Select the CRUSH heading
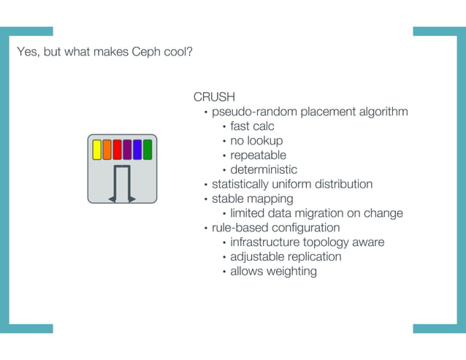click(214, 97)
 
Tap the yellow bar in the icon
click(96, 150)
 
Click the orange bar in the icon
click(107, 150)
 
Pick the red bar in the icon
click(117, 150)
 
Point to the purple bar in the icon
click(127, 150)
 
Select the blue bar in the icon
click(137, 150)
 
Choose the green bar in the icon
click(147, 150)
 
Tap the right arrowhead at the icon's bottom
click(131, 198)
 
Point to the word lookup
click(266, 140)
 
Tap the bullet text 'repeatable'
click(258, 155)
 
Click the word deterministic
click(264, 169)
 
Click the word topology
click(326, 242)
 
